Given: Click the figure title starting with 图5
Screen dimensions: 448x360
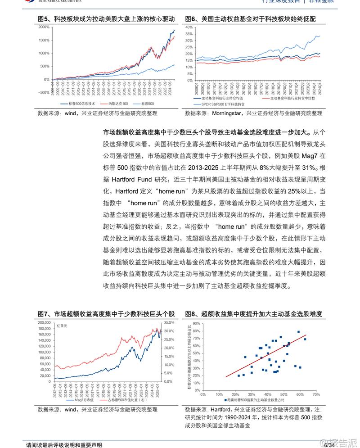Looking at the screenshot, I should click(106, 19).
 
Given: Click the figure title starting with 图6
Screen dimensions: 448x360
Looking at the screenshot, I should click(251, 19).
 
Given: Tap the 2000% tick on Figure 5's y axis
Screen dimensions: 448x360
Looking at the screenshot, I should click(44, 27).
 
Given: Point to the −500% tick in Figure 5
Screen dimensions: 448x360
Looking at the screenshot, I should click(43, 93).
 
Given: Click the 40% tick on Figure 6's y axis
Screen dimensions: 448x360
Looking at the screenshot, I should click(190, 27).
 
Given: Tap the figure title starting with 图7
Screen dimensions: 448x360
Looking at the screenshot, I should click(106, 314).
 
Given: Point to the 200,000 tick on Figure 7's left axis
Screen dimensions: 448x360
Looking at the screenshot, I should click(45, 322).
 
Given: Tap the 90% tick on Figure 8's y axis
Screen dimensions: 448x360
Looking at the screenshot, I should click(196, 323).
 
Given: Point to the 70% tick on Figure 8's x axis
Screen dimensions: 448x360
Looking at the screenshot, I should click(315, 394).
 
